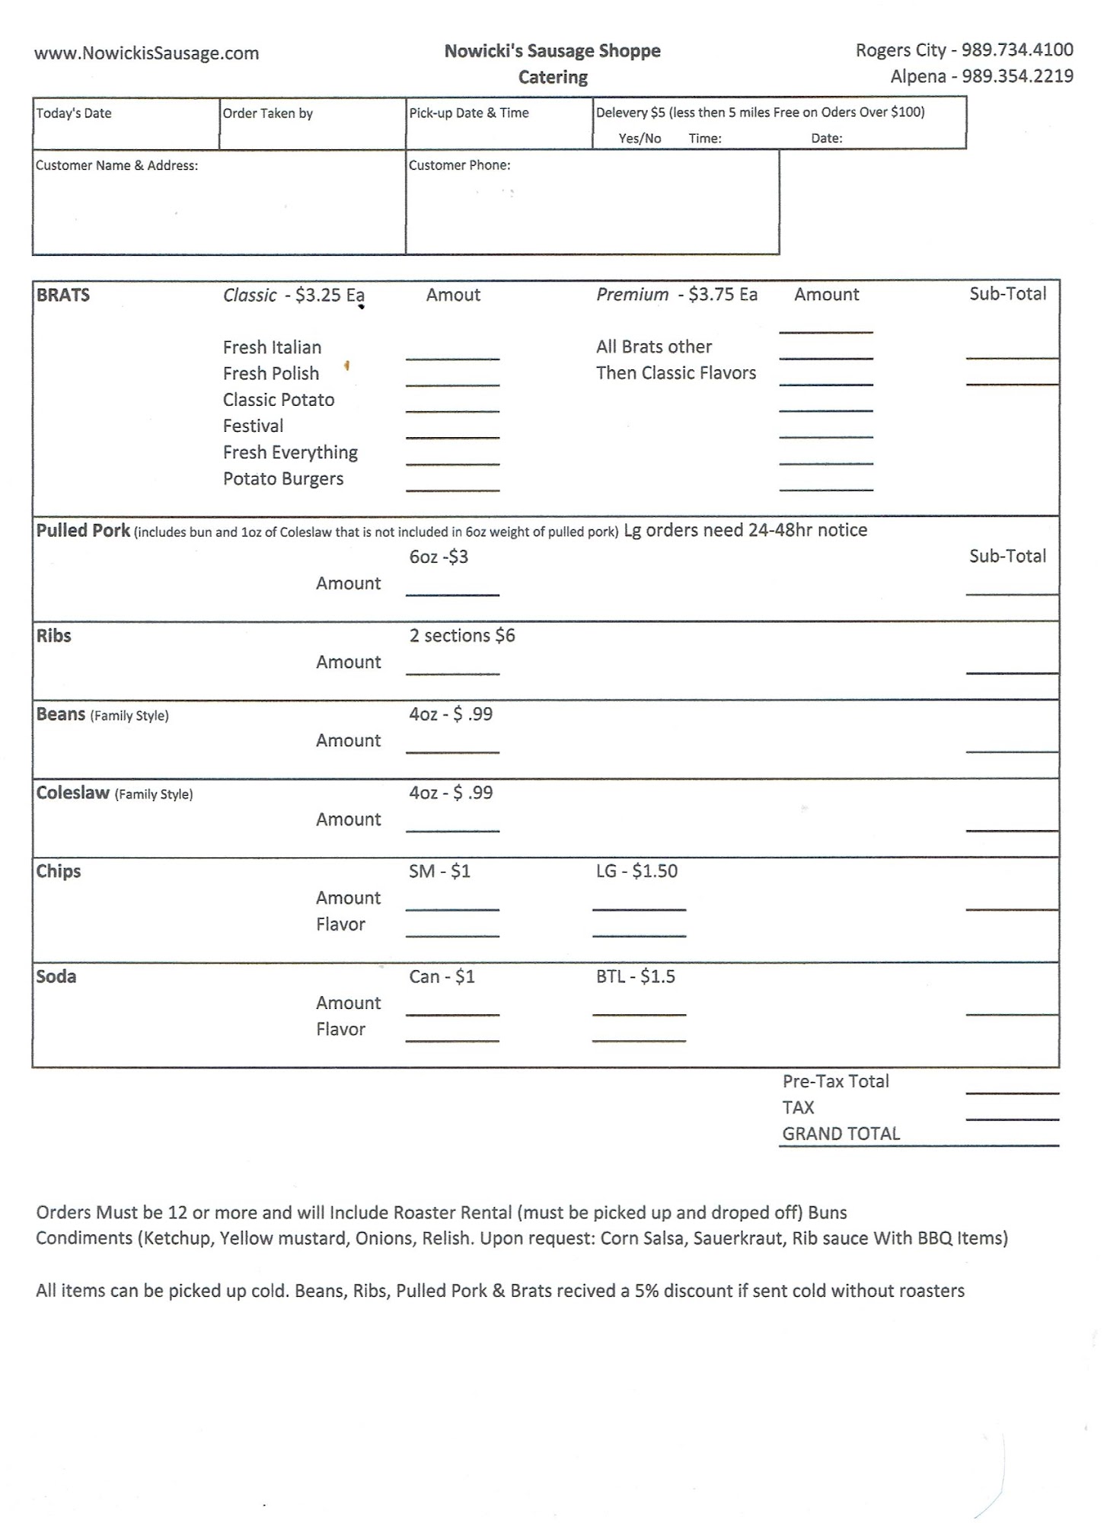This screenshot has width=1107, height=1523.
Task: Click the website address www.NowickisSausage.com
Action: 146,53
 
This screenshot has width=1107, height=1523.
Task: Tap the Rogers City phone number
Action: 1017,50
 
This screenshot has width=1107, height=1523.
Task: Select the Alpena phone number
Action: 1017,76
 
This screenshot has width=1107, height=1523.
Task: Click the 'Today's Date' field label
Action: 74,113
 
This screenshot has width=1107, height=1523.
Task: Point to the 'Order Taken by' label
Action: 267,113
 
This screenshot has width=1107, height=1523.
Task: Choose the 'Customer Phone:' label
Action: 459,165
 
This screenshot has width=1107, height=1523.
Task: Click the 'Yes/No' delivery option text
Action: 640,139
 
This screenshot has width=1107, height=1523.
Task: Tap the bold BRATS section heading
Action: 63,295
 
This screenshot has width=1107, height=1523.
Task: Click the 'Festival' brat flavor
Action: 253,426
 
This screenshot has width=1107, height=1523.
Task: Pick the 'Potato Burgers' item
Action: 283,479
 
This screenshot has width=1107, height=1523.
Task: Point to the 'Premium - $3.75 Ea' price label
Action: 676,295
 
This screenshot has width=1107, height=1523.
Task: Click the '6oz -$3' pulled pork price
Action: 439,557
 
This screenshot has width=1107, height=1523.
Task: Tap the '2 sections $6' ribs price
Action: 462,636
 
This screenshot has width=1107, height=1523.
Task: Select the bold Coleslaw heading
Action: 73,793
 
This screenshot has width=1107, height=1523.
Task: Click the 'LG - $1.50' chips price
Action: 636,871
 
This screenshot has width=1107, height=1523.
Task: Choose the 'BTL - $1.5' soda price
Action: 635,977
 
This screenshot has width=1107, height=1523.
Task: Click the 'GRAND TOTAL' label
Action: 841,1134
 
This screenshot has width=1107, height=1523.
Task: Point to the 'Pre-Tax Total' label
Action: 835,1081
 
